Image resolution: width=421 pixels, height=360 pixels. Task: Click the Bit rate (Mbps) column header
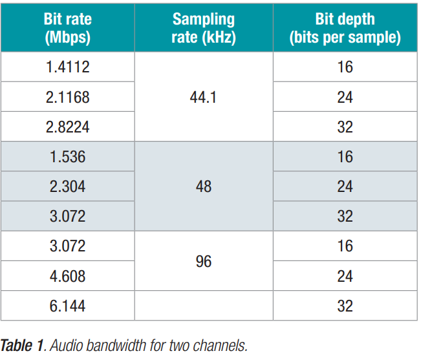click(x=68, y=28)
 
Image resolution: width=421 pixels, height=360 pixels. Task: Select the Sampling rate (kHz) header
click(x=203, y=28)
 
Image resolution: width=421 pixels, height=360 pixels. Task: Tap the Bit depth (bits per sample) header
click(x=345, y=28)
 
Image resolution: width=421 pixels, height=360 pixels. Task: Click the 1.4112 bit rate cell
click(x=68, y=67)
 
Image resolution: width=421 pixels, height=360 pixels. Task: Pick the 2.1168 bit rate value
click(x=68, y=97)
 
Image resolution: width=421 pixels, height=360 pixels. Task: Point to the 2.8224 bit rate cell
click(x=68, y=127)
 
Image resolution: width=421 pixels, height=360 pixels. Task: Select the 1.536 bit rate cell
click(x=68, y=156)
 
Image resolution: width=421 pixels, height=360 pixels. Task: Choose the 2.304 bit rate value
click(x=68, y=187)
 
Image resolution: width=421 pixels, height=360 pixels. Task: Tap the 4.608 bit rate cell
click(x=68, y=276)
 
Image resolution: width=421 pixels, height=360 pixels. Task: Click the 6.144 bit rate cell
click(x=68, y=306)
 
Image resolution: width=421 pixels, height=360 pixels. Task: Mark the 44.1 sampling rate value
click(x=203, y=97)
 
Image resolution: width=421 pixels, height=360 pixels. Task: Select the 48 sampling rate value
click(x=203, y=187)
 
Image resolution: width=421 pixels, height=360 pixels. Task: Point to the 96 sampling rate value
click(x=203, y=262)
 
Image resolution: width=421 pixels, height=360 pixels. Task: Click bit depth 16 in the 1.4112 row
click(x=345, y=67)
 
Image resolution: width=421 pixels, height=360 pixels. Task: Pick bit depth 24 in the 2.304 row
click(x=345, y=187)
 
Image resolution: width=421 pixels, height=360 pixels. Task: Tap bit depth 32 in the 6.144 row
click(x=345, y=306)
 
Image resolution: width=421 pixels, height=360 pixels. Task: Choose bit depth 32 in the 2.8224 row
click(x=345, y=127)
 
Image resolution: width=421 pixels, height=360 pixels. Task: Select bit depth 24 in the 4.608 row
click(x=345, y=276)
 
